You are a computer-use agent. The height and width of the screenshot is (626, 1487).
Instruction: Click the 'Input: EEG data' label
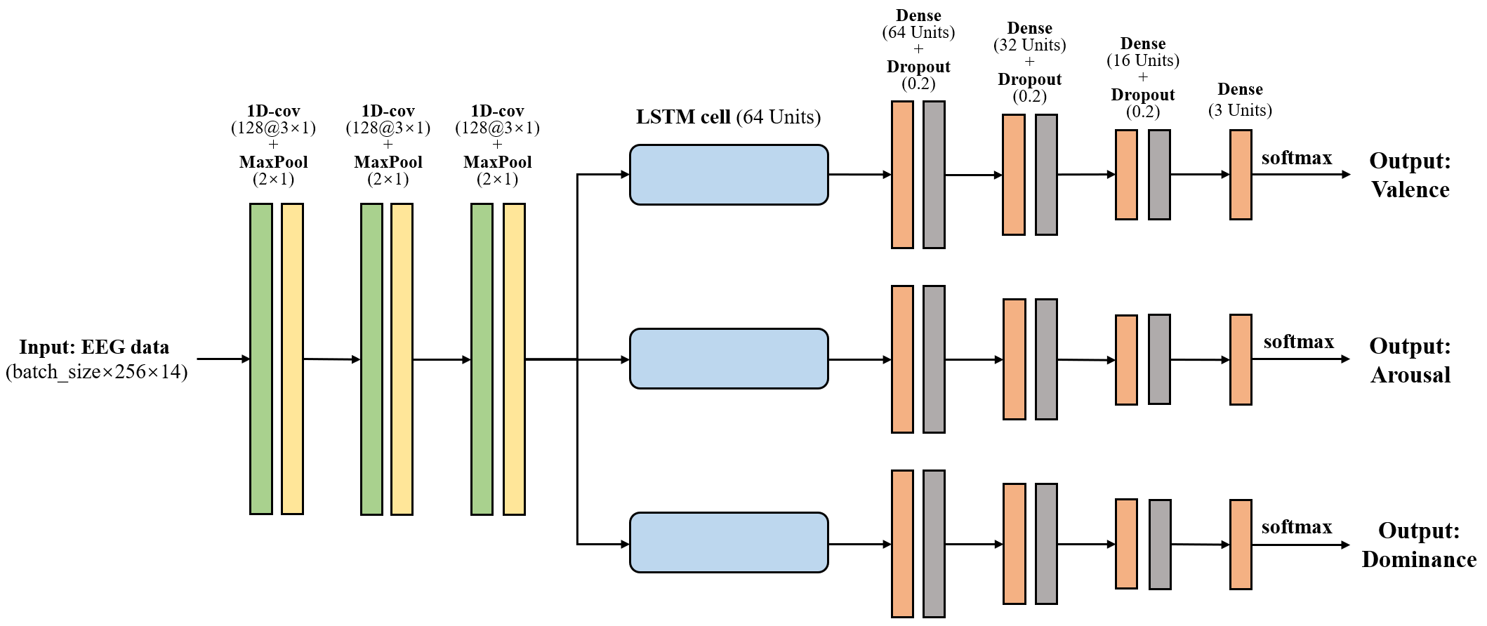click(x=94, y=347)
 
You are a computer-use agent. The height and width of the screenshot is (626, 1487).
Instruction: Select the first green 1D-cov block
click(x=260, y=359)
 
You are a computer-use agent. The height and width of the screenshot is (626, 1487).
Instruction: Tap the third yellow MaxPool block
click(x=514, y=359)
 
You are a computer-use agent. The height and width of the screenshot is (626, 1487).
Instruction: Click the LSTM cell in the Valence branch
click(x=729, y=175)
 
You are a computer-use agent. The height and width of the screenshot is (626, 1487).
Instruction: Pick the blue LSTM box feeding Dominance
click(x=729, y=542)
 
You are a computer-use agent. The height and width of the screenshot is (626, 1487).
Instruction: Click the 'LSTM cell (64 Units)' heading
click(x=728, y=116)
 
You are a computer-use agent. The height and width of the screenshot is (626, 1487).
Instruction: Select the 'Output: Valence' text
click(x=1410, y=175)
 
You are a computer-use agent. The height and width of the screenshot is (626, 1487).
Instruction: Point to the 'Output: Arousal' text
click(x=1410, y=360)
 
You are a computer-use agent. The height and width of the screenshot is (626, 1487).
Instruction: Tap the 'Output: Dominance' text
click(x=1418, y=545)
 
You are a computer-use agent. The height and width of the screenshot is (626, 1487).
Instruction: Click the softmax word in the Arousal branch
click(x=1298, y=342)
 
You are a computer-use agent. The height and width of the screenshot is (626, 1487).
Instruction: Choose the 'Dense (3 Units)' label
click(x=1240, y=100)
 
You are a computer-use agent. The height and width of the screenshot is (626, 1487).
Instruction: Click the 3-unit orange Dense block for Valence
click(x=1241, y=175)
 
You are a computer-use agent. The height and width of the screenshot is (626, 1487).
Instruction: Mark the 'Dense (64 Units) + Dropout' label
click(x=918, y=49)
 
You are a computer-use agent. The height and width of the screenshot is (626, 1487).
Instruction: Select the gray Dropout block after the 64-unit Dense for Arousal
click(x=934, y=359)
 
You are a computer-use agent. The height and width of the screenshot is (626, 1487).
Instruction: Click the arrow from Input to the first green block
click(x=223, y=359)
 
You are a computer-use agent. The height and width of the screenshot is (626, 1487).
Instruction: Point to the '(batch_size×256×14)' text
click(x=97, y=372)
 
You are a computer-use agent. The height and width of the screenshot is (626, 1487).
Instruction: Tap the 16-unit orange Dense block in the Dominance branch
click(x=1126, y=544)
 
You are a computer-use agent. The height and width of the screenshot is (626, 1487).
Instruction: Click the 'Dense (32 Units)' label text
click(x=1029, y=36)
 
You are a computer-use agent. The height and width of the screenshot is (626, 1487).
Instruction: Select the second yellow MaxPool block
click(x=402, y=359)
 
